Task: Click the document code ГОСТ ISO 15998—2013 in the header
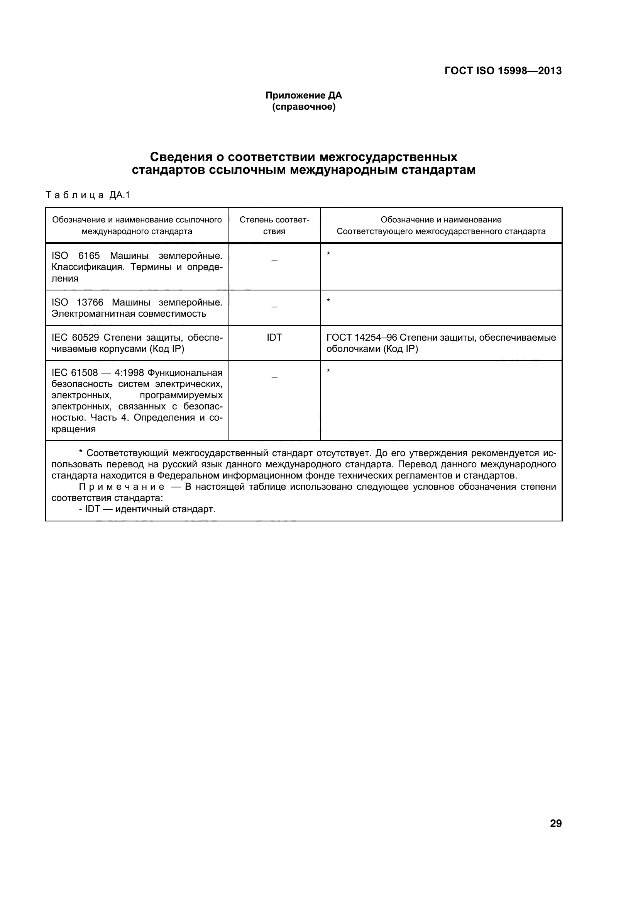click(x=503, y=71)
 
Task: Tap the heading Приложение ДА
click(x=303, y=95)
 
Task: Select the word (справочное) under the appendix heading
click(x=303, y=107)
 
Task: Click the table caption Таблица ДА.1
click(x=88, y=195)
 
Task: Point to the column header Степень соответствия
click(x=274, y=225)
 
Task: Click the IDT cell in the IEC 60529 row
click(x=274, y=338)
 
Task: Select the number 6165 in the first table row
click(x=89, y=256)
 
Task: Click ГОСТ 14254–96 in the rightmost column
click(x=362, y=338)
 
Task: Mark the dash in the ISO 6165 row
click(x=274, y=260)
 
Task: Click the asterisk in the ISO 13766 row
click(x=328, y=301)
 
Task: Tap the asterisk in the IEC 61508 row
click(x=328, y=371)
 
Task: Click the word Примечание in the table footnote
click(x=122, y=487)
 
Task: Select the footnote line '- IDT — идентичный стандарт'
click(x=147, y=509)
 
